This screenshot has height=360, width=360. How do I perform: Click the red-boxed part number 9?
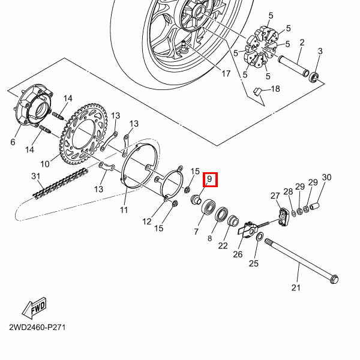(210, 179)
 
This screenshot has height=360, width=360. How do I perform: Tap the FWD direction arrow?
(34, 308)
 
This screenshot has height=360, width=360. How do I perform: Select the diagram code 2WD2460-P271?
(37, 327)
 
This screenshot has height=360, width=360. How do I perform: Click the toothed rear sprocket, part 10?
(83, 134)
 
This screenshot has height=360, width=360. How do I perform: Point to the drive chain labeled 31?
(61, 184)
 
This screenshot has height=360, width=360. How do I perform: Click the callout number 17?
(226, 74)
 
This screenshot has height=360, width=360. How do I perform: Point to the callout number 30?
(327, 177)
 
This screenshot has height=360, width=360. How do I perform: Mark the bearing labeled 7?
(209, 206)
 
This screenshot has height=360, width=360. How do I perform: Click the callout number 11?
(124, 210)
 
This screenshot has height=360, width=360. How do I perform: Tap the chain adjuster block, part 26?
(248, 230)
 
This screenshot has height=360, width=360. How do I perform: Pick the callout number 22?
(223, 245)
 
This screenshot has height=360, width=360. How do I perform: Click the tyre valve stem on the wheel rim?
(184, 46)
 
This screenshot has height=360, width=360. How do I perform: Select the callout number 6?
(13, 142)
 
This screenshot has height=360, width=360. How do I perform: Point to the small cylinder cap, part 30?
(314, 206)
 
